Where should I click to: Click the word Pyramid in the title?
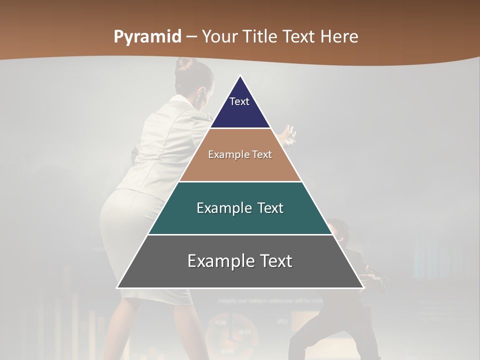(147, 37)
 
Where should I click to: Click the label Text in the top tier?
(239, 101)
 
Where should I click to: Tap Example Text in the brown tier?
(240, 154)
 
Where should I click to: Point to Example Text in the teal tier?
(240, 208)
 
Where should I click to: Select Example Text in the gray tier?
(240, 261)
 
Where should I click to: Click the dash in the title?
(192, 37)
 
